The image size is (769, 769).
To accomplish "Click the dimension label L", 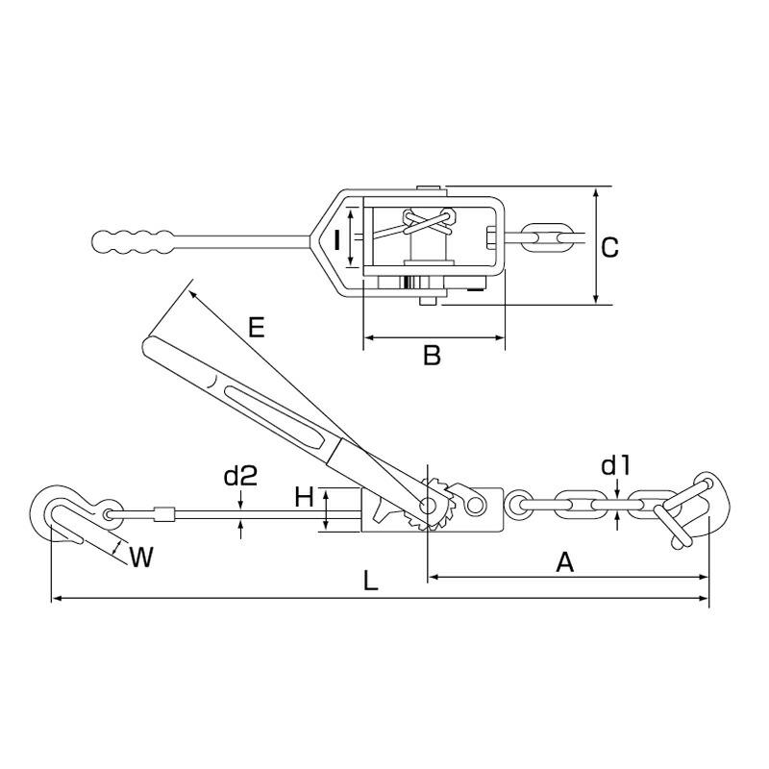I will point(370,582).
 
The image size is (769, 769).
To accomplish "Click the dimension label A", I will point(565,562).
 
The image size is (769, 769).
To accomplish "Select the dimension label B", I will point(432,357).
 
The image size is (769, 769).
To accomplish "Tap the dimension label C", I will point(608,247).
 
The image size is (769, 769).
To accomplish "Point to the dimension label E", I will point(255,328).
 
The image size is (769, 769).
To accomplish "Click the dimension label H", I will point(304,497).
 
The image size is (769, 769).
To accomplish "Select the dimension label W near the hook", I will point(140,557).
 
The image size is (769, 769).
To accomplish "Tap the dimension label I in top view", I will point(337,239).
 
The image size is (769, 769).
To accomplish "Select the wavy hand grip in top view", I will point(135,239).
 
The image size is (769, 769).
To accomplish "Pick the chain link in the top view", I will point(551,236).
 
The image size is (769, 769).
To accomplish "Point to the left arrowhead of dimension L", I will point(54,599).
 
